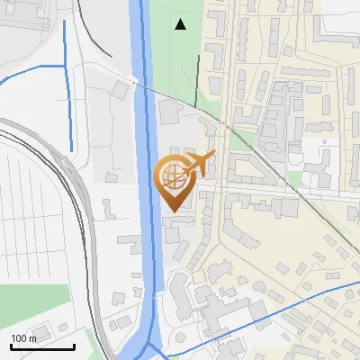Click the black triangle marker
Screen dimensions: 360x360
(x=181, y=24)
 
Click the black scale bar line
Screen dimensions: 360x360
(x=42, y=346)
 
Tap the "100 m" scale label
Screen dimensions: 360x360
(x=24, y=338)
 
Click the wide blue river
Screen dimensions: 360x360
(x=144, y=135)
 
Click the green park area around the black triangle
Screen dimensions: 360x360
(x=175, y=54)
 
